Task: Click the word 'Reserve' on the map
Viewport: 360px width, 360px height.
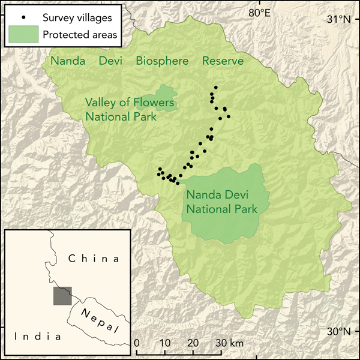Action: [223, 61]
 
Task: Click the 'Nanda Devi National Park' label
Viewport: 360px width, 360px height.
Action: [221, 202]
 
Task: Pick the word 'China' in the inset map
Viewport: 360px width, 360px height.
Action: [94, 259]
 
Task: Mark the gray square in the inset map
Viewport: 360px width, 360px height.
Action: [62, 296]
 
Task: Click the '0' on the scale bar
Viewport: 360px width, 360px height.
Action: [137, 343]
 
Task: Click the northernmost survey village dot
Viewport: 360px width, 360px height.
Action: [215, 88]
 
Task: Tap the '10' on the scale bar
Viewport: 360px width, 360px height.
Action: [165, 343]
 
